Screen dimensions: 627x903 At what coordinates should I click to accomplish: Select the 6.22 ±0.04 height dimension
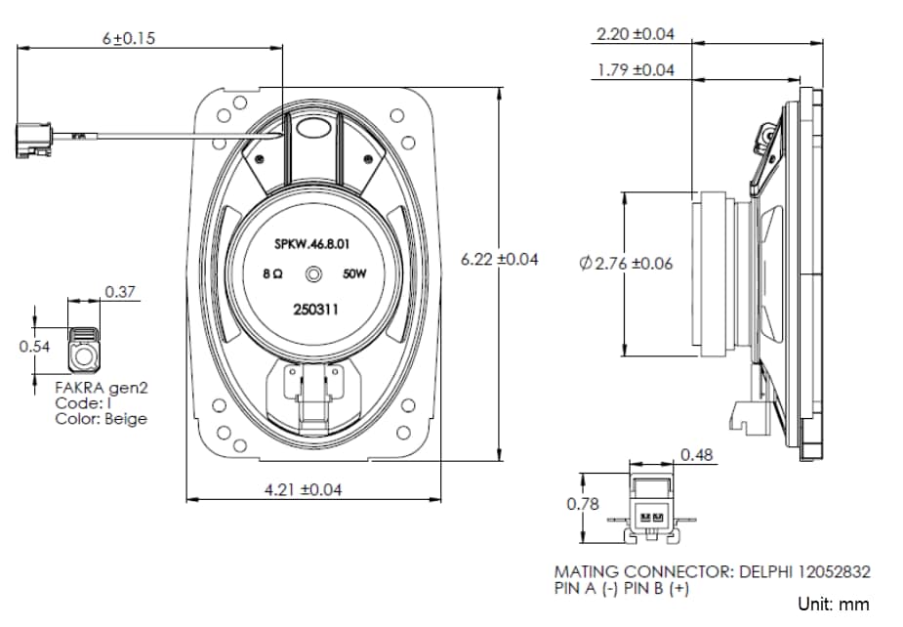[x=499, y=260]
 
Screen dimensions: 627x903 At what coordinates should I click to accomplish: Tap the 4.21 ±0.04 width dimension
[x=303, y=488]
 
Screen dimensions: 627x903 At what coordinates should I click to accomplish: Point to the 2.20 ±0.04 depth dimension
[x=635, y=34]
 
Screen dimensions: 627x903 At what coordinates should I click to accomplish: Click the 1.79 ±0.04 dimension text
[x=635, y=69]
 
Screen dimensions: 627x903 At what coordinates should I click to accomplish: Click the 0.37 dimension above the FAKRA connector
[x=120, y=291]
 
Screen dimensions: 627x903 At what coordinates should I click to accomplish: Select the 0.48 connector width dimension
[x=695, y=454]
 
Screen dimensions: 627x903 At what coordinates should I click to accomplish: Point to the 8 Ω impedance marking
[x=273, y=275]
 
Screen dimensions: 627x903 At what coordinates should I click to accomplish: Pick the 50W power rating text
[x=354, y=275]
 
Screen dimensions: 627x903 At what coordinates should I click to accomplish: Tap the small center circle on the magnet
[x=315, y=274]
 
